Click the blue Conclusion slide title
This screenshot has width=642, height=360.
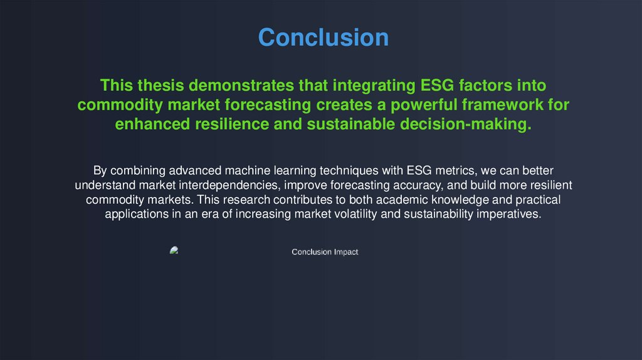tap(324, 37)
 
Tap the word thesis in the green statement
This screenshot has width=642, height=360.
tap(160, 85)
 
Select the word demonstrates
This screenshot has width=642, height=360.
tap(241, 85)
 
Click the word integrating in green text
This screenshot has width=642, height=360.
tap(374, 86)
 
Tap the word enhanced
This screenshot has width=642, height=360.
tap(152, 124)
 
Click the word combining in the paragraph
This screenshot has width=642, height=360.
tap(138, 171)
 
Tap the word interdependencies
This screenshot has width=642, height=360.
tap(229, 186)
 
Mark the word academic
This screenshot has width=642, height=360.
tap(402, 199)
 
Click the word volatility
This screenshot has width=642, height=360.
tap(356, 214)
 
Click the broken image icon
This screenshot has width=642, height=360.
tap(174, 250)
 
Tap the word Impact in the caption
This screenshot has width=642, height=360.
tap(346, 252)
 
